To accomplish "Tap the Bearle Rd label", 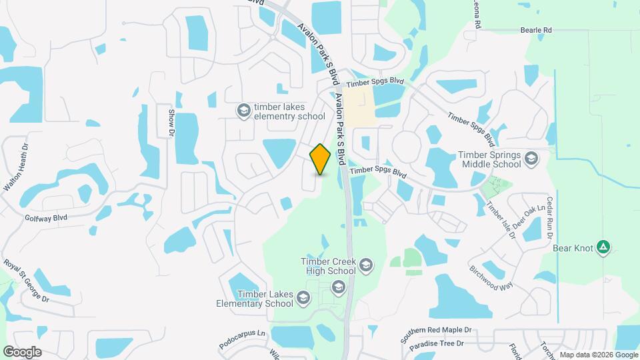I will (x=537, y=31).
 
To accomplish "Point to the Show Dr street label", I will (x=171, y=123).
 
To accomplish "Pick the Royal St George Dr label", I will (x=27, y=281).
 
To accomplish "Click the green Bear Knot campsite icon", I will (x=603, y=248).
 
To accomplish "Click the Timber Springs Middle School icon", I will (x=531, y=158).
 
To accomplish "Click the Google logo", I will (x=22, y=351).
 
